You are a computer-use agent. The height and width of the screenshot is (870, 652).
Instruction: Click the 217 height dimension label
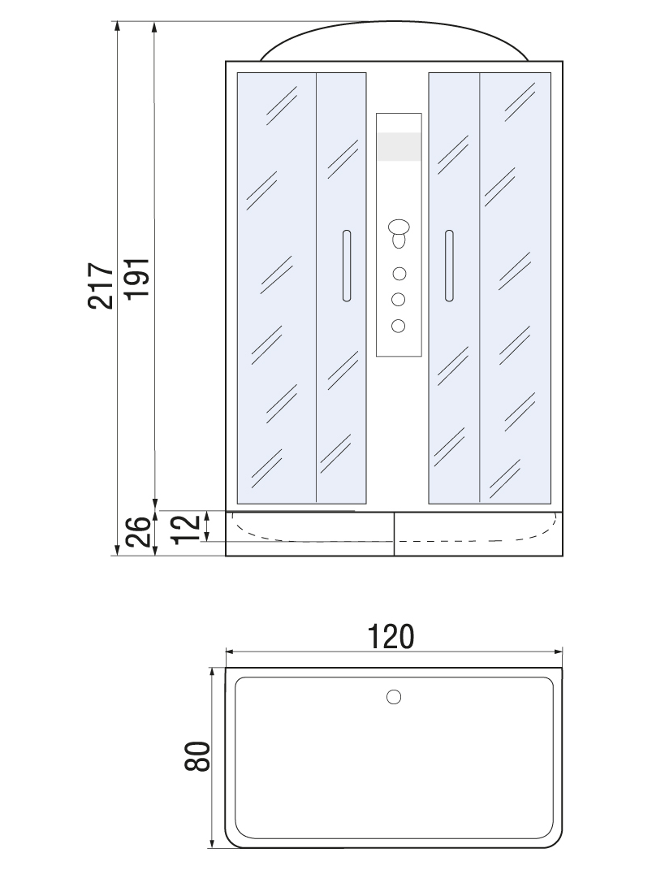101,285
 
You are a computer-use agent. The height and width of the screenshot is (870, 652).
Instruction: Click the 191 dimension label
136,279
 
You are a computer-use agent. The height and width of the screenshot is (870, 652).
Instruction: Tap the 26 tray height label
137,531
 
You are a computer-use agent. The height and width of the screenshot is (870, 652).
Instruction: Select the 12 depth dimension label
186,529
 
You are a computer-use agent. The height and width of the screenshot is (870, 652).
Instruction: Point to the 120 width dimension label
391,636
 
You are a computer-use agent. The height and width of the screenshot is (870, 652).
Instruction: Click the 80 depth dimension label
197,756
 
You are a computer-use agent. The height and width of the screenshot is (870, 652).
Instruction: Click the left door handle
347,266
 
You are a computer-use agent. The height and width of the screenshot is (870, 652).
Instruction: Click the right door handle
449,266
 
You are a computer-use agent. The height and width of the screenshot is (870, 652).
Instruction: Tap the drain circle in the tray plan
394,697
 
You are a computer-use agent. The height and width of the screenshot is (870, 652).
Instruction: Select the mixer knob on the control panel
399,233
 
